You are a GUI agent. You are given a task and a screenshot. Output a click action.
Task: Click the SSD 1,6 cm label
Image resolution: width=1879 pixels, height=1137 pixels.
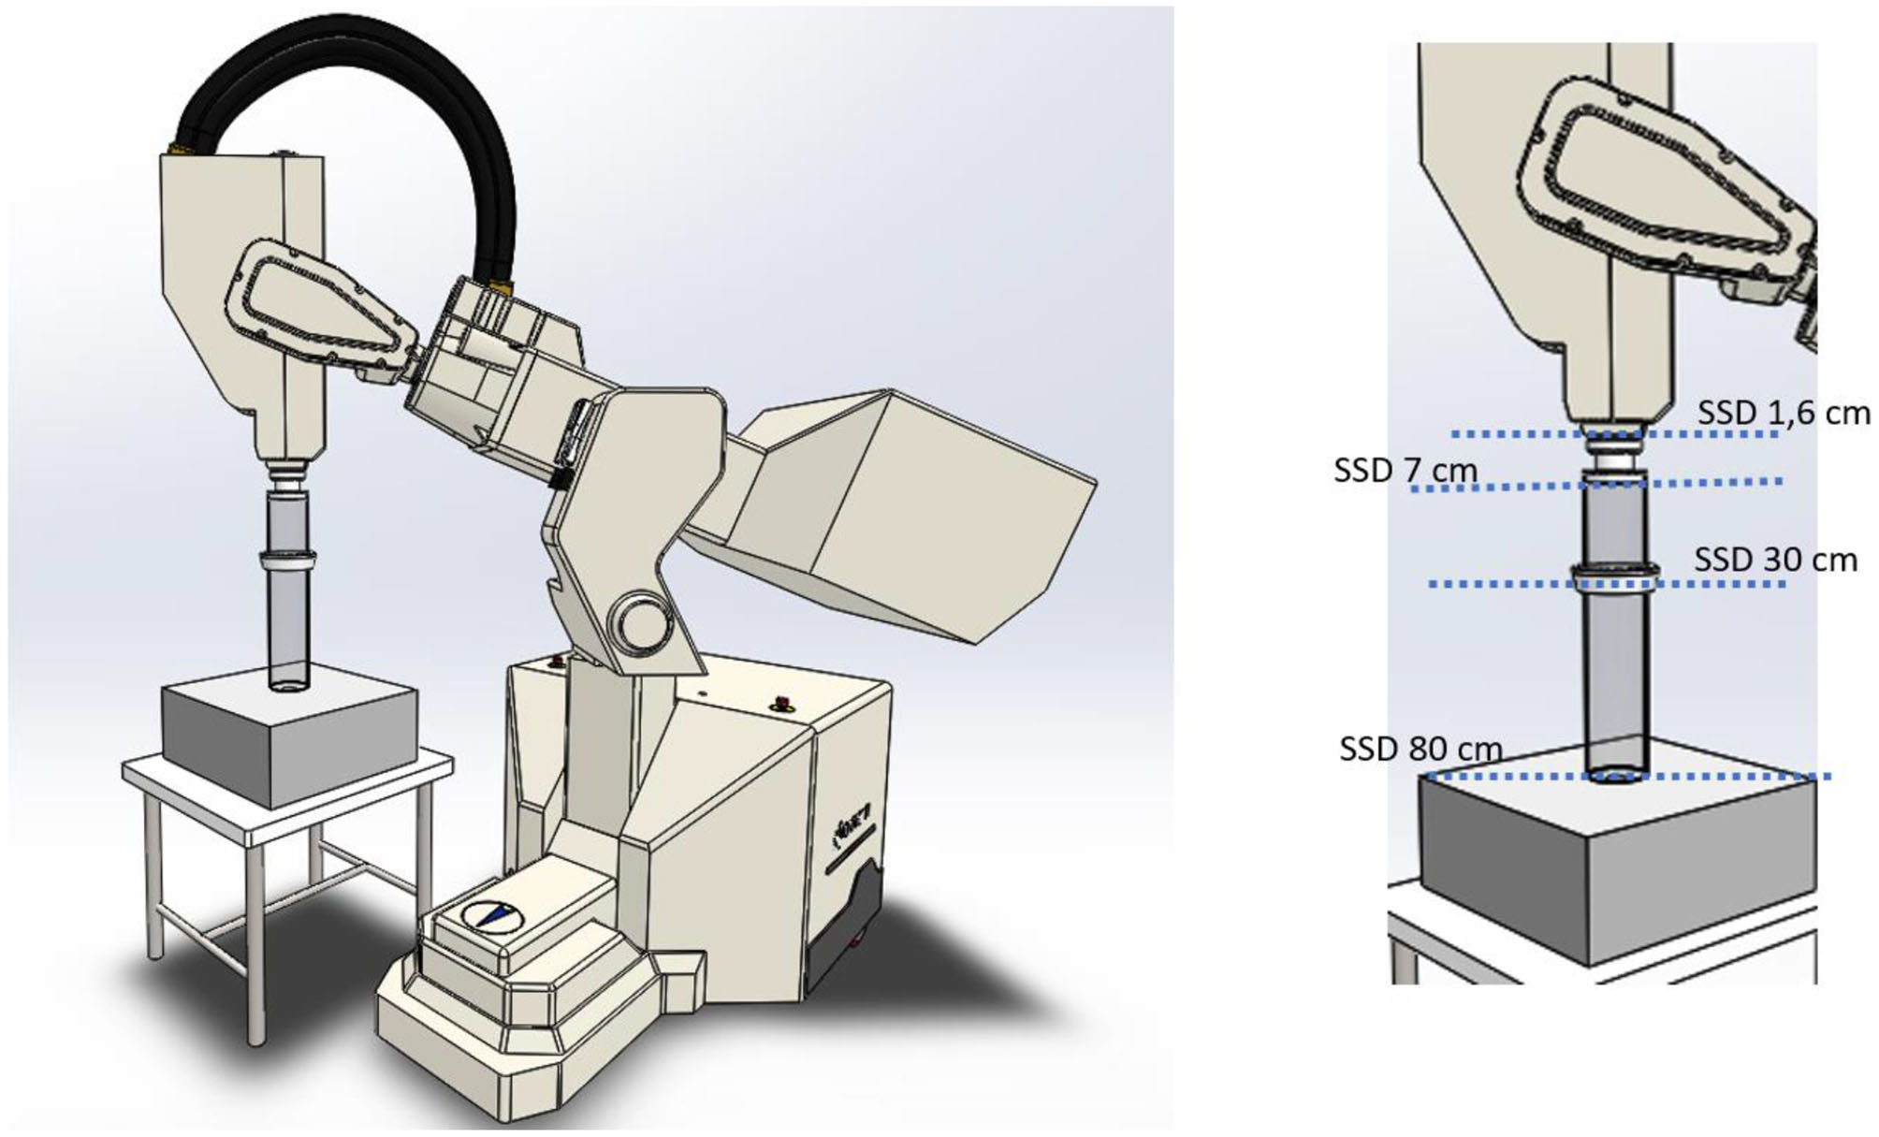click(1782, 413)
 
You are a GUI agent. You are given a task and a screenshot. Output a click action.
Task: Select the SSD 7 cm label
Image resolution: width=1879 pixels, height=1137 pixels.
click(1406, 470)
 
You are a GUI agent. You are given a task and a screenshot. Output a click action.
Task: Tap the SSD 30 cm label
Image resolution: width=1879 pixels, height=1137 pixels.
click(1774, 560)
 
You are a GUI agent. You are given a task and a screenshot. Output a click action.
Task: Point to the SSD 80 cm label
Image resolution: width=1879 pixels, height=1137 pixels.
click(1419, 750)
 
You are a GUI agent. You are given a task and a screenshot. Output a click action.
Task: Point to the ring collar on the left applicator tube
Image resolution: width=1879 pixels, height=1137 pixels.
click(287, 562)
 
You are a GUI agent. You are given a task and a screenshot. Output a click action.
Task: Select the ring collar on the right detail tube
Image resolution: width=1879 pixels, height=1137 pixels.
click(1615, 575)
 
